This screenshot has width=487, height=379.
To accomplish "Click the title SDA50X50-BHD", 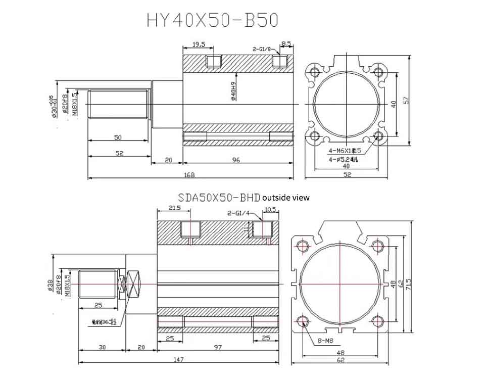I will tap(219, 198).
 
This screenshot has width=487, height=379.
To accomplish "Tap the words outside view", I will tap(286, 198).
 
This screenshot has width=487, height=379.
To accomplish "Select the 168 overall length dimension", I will tap(189, 175).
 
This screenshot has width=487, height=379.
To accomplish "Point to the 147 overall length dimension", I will tap(178, 359).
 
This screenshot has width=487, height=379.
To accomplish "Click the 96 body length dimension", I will tap(236, 160).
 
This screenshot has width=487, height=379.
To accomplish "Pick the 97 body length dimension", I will tap(218, 348).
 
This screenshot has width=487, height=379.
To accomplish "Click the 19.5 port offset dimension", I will tap(199, 44).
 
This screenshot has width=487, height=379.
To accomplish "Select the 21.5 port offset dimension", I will tap(175, 208).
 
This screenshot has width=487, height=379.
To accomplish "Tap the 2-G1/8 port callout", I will tap(262, 49).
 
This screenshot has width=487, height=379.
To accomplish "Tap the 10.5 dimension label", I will tap(270, 209).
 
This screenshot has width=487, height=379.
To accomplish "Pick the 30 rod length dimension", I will tap(103, 348).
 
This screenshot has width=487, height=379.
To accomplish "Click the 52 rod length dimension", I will tap(119, 153).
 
